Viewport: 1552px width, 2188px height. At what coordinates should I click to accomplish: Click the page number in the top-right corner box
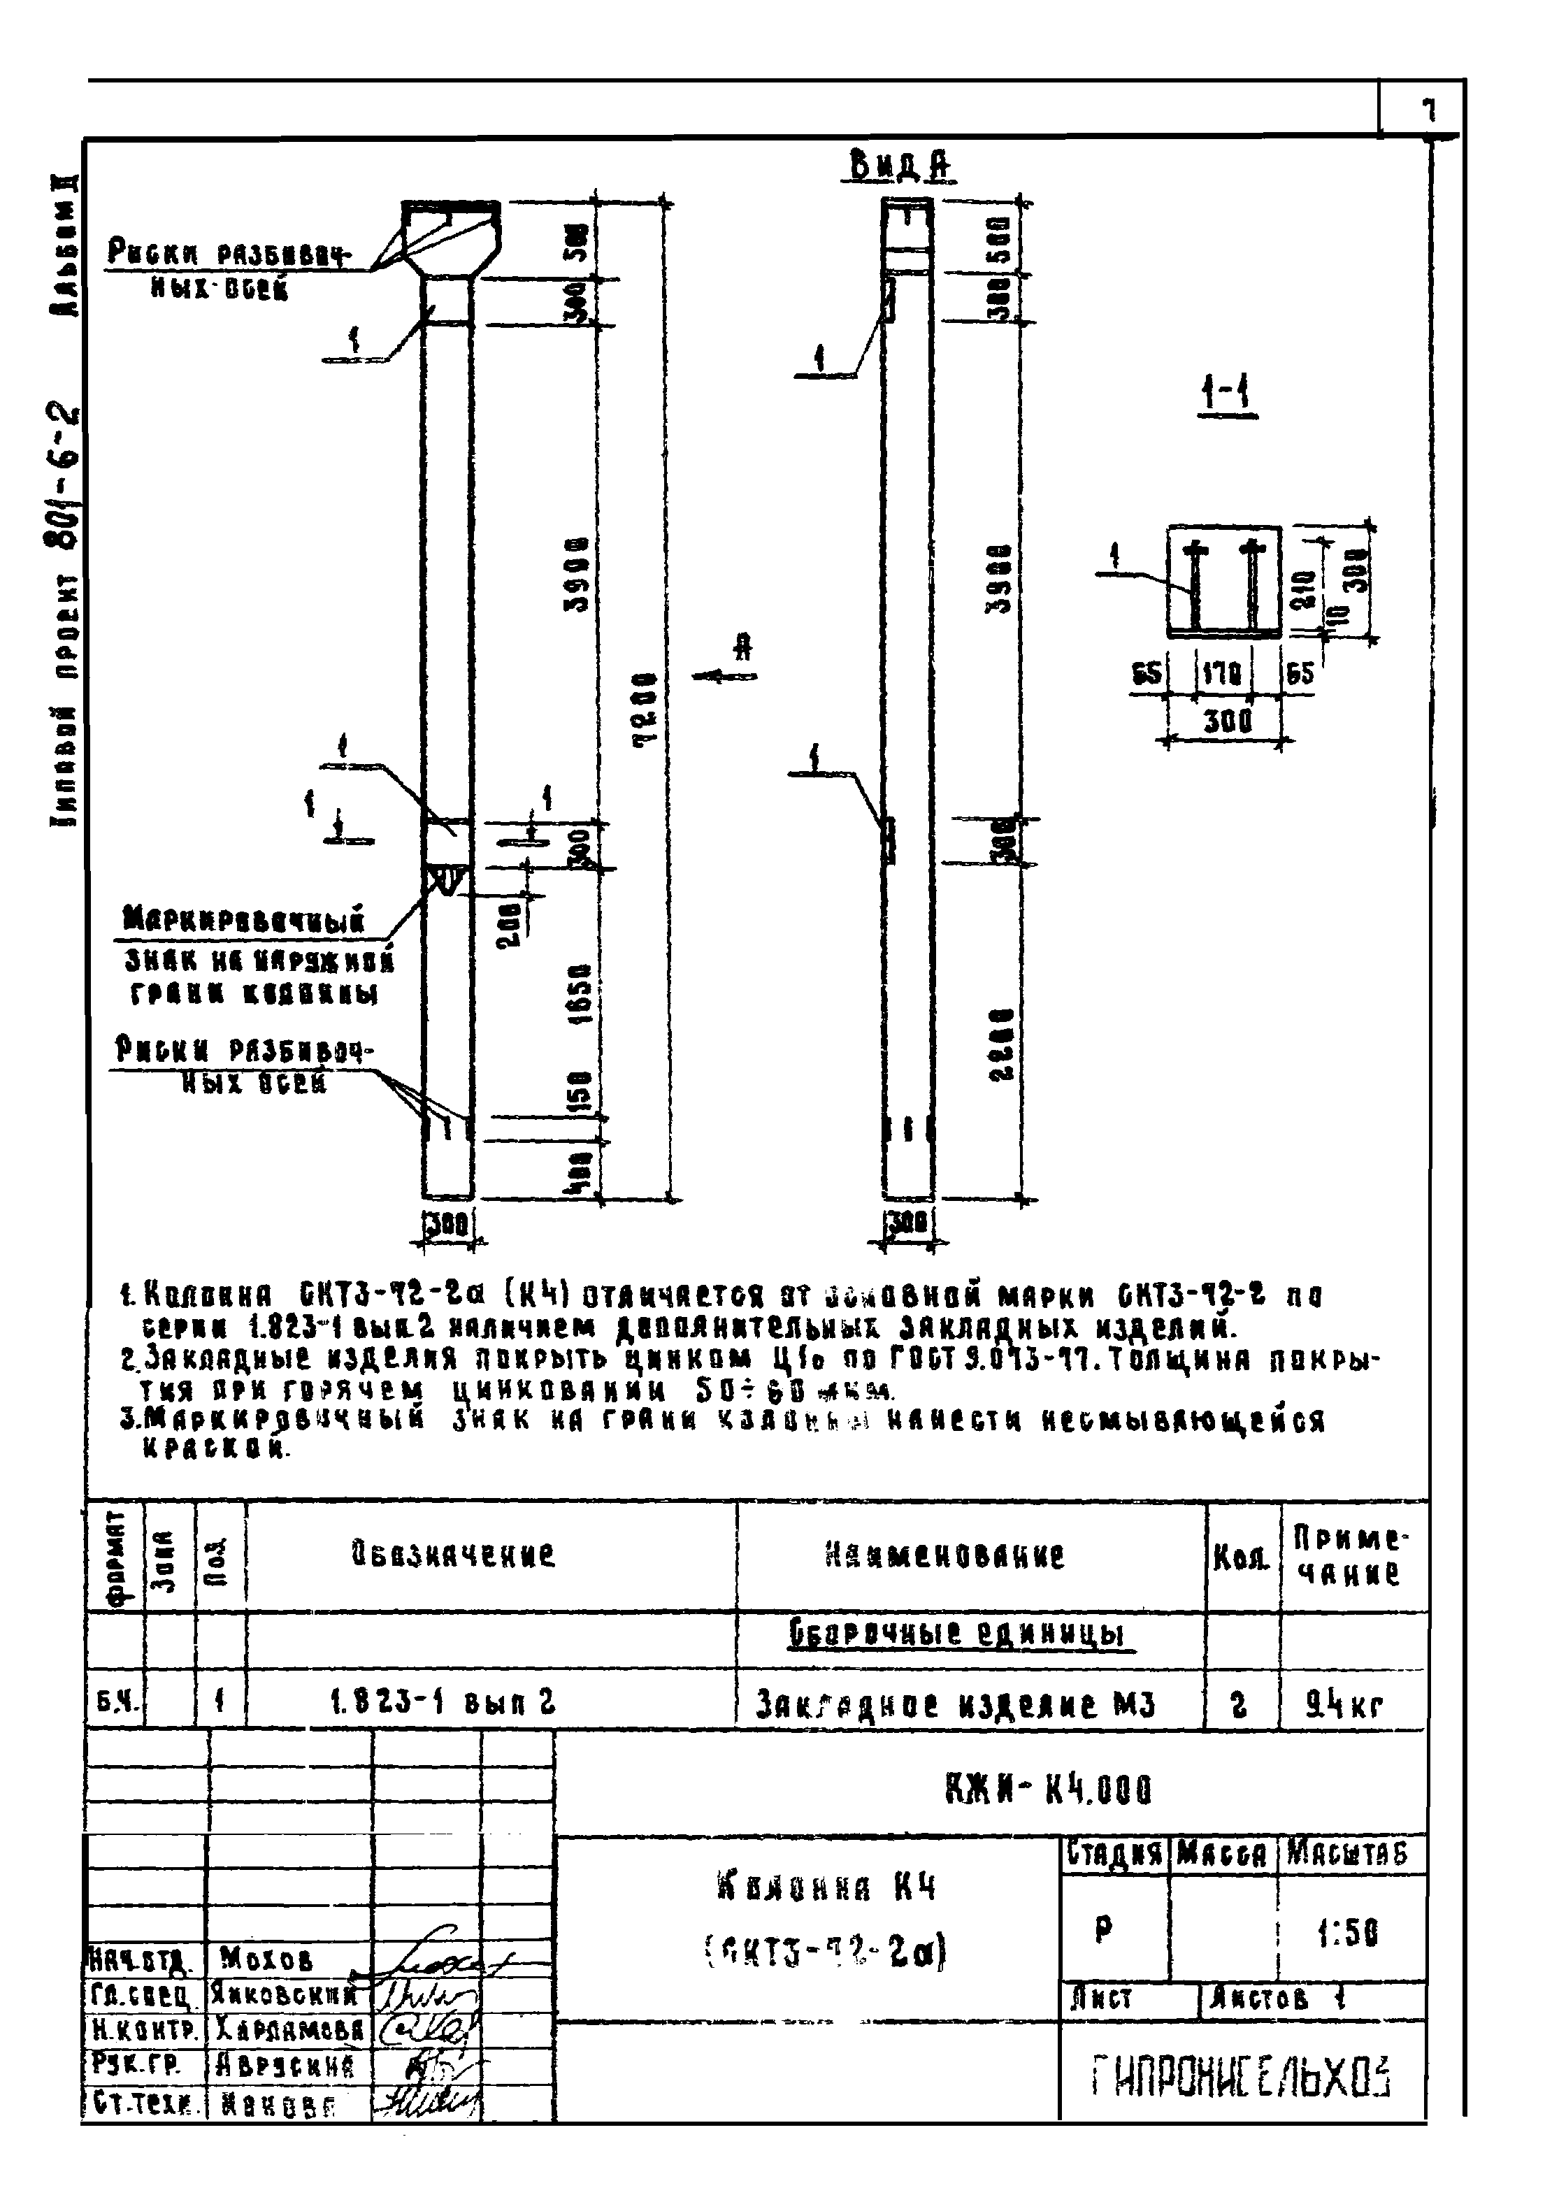(1429, 110)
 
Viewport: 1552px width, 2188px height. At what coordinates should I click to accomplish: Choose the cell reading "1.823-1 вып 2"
(443, 1704)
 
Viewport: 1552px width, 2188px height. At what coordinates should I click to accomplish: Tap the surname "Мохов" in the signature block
(266, 1961)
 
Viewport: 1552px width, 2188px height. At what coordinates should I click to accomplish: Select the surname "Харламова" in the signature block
(289, 2027)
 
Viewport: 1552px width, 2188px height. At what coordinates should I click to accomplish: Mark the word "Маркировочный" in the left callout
(244, 921)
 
